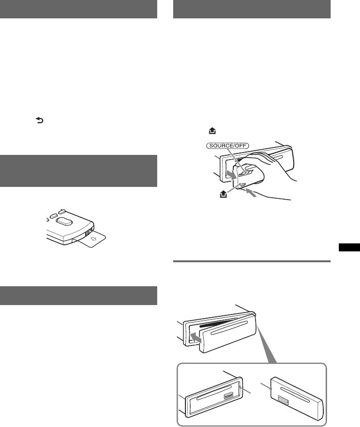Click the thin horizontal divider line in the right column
[x=252, y=261]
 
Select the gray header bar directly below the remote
[x=79, y=295]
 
